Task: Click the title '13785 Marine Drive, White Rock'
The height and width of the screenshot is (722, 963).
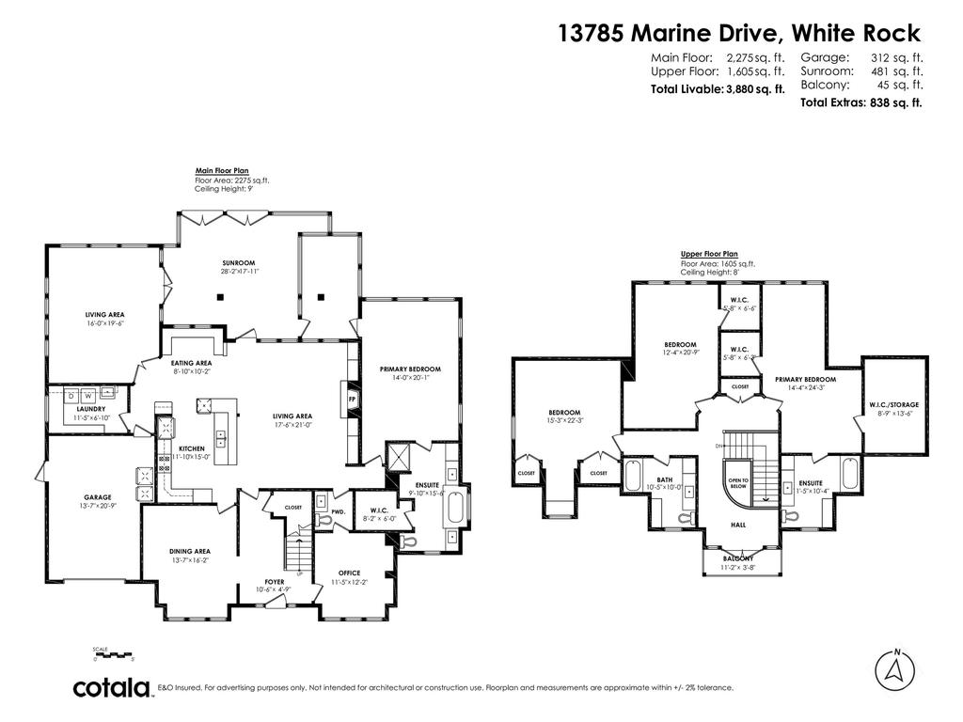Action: tap(738, 34)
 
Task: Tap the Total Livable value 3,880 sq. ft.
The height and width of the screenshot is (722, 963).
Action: tap(755, 90)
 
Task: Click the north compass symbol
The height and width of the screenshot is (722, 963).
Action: tap(896, 669)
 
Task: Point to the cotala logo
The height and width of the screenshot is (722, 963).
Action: tap(113, 687)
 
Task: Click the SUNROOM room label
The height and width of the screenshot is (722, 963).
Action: tap(239, 263)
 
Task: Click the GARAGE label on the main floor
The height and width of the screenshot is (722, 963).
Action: tap(97, 497)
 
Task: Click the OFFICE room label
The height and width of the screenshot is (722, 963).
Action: tap(349, 573)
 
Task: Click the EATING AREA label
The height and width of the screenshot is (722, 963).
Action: tap(191, 363)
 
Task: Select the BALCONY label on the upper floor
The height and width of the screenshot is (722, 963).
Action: tap(738, 558)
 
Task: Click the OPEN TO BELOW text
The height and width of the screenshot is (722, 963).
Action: tap(737, 483)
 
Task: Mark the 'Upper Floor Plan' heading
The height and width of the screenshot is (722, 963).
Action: tap(709, 254)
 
